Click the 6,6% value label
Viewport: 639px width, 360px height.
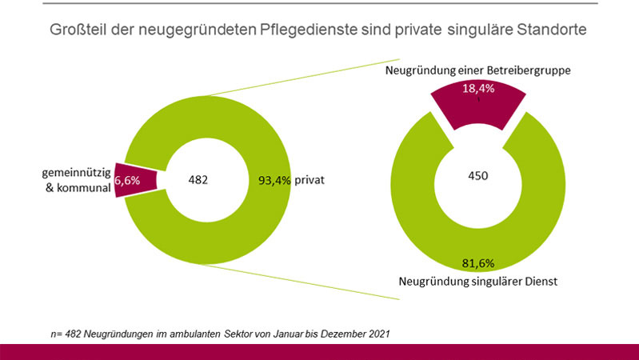(x=127, y=181)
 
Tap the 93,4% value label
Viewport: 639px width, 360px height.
(x=274, y=181)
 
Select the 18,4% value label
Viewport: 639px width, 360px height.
(x=478, y=89)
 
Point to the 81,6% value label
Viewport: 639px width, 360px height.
(x=478, y=262)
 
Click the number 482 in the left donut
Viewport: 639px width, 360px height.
(x=197, y=181)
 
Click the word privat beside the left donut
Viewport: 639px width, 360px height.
(x=310, y=181)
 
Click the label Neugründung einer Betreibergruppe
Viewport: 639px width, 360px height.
(x=478, y=71)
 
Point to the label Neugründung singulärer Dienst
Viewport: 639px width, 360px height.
(x=478, y=281)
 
